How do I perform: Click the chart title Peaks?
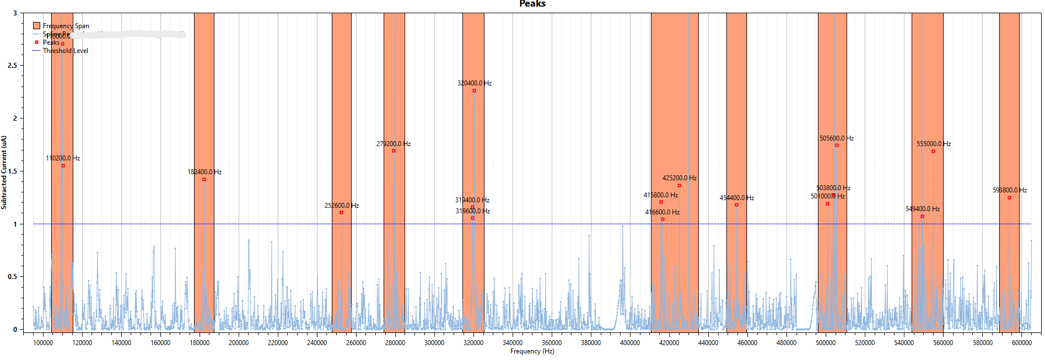[x=532, y=4]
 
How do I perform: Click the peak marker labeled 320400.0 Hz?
[x=474, y=90]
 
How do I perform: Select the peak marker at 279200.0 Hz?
[x=394, y=151]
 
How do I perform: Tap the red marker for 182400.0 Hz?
[x=204, y=179]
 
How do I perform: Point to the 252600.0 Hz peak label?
[x=341, y=206]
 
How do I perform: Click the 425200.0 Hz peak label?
[x=679, y=178]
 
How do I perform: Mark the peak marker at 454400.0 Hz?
[x=736, y=205]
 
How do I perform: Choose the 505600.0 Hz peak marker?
[x=837, y=145]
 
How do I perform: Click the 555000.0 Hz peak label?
[x=933, y=144]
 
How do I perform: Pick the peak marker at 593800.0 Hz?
[x=1009, y=197]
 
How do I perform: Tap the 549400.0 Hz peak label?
[x=922, y=209]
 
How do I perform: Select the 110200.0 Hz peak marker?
[x=63, y=165]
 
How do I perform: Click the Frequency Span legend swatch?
[x=36, y=25]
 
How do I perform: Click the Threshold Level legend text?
[x=66, y=51]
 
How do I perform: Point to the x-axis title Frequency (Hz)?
[x=532, y=351]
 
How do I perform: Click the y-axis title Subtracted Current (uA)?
[x=4, y=172]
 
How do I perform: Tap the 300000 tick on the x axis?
[x=434, y=343]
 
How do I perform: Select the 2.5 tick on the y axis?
[x=12, y=65]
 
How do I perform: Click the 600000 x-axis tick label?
[x=1021, y=343]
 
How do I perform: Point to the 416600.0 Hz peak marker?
[x=662, y=219]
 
